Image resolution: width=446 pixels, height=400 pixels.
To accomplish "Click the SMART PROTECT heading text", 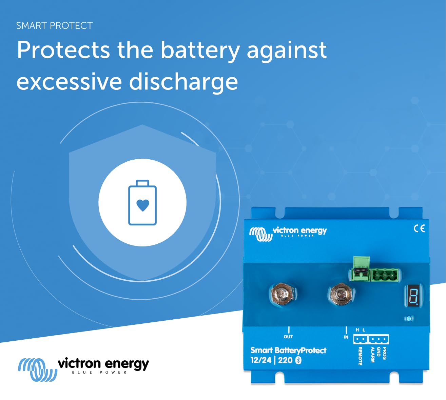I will coord(54,26).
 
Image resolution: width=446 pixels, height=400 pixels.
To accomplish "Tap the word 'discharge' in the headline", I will coord(183,82).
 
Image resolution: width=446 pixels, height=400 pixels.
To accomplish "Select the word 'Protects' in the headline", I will coord(63,50).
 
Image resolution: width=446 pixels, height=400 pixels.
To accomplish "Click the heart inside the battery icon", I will coord(142,205).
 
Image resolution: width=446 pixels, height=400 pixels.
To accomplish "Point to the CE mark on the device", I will coord(419,228).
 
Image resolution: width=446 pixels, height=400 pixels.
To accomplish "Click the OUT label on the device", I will coord(288,337).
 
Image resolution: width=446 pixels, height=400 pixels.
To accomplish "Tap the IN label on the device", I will coord(346,337).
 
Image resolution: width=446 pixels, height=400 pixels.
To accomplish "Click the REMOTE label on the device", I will coord(360,356).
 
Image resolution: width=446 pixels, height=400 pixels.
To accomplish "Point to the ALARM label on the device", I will coord(372,355).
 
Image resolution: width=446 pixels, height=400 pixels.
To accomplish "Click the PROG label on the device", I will coord(384,353).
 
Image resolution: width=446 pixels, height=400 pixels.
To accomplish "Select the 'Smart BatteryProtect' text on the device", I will coord(288,351).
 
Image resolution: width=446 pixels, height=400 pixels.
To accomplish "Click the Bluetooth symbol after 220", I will coord(298,360).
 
